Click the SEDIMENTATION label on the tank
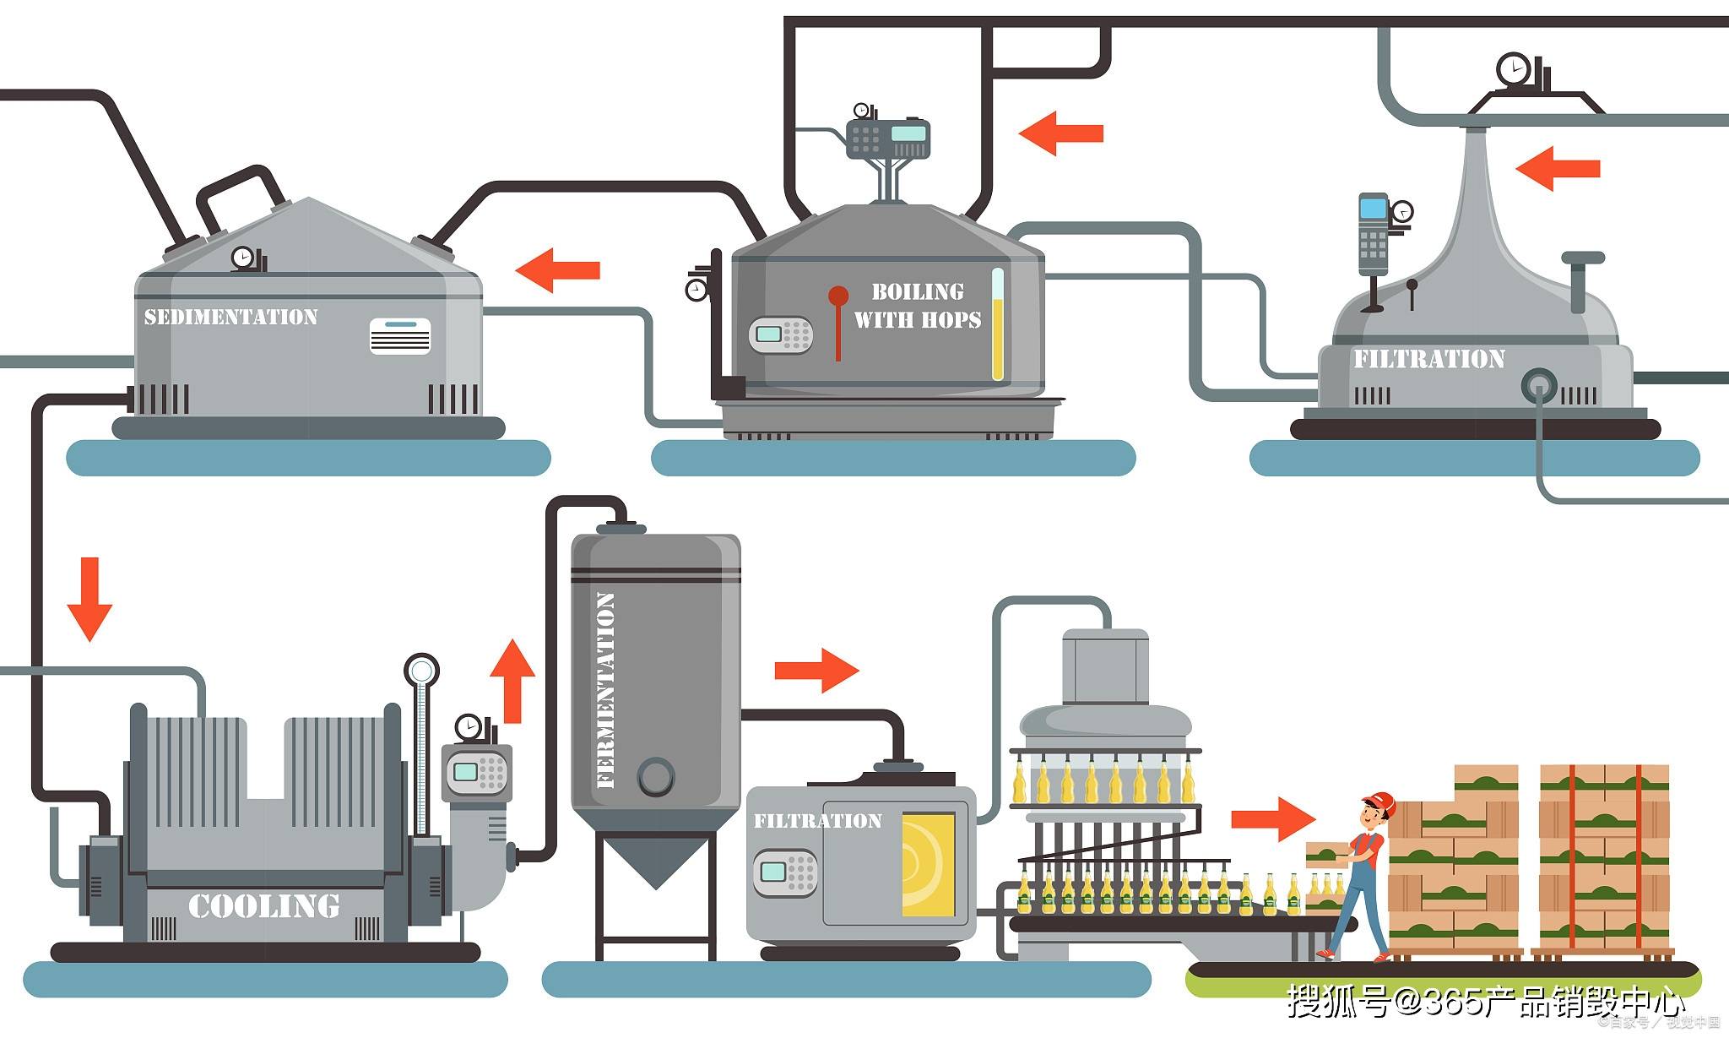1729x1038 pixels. point(230,318)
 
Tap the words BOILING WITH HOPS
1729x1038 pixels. point(918,306)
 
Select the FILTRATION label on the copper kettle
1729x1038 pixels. point(1428,359)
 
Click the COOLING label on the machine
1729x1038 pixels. point(263,906)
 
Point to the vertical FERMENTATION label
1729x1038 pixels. point(605,690)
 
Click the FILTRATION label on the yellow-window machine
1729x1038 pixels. point(817,821)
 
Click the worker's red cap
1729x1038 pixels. point(1379,800)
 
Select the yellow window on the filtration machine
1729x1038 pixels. point(929,864)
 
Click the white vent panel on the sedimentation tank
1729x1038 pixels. point(400,335)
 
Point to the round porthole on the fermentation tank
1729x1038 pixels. point(656,775)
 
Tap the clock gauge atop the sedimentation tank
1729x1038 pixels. point(243,257)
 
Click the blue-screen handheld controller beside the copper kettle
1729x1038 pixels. point(1373,233)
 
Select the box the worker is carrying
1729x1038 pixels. point(1326,854)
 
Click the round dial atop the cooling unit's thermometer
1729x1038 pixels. point(420,671)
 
